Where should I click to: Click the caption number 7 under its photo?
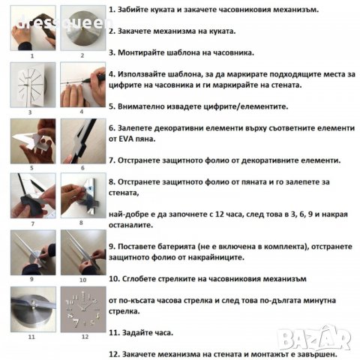pyautogui.click(x=32, y=223)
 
